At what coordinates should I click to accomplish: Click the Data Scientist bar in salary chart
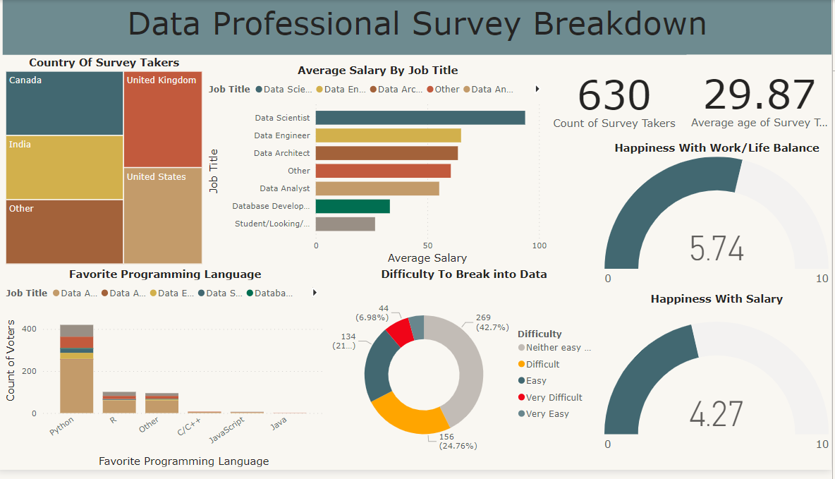[x=420, y=118]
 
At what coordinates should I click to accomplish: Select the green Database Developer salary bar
[x=353, y=206]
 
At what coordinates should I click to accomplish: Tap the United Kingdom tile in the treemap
[x=162, y=119]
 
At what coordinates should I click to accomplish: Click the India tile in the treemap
[x=65, y=167]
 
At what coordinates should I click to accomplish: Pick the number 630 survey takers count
[x=614, y=96]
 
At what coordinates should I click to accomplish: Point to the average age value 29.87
[x=760, y=96]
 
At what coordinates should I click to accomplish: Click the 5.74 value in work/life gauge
[x=717, y=249]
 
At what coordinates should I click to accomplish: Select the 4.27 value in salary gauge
[x=717, y=414]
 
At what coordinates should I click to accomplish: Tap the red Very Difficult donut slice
[x=400, y=332]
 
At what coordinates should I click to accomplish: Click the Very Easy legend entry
[x=547, y=414]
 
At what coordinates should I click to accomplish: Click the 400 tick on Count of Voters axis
[x=29, y=329]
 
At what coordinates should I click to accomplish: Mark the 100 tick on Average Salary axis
[x=539, y=245]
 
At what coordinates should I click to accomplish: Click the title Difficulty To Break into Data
[x=463, y=274]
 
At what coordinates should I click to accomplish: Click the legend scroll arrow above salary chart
[x=537, y=89]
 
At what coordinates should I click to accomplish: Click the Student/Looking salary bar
[x=345, y=224]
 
